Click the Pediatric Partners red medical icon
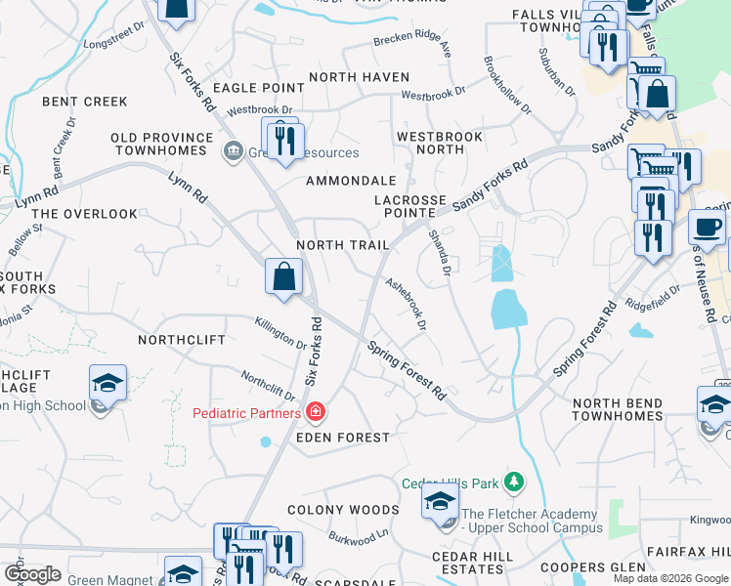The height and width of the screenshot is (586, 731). tap(315, 413)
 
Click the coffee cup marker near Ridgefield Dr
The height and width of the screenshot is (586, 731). tap(707, 227)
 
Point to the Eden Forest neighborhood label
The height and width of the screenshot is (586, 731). tap(342, 438)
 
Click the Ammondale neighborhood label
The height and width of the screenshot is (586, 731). tap(351, 181)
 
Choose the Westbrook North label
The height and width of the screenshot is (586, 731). tap(440, 144)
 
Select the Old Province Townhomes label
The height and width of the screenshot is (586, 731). tap(162, 145)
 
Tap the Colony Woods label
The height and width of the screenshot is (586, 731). tap(343, 510)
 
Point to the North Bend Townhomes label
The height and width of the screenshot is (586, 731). tap(617, 409)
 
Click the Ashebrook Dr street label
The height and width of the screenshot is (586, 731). tap(407, 306)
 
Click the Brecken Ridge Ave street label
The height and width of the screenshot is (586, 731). tap(411, 44)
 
